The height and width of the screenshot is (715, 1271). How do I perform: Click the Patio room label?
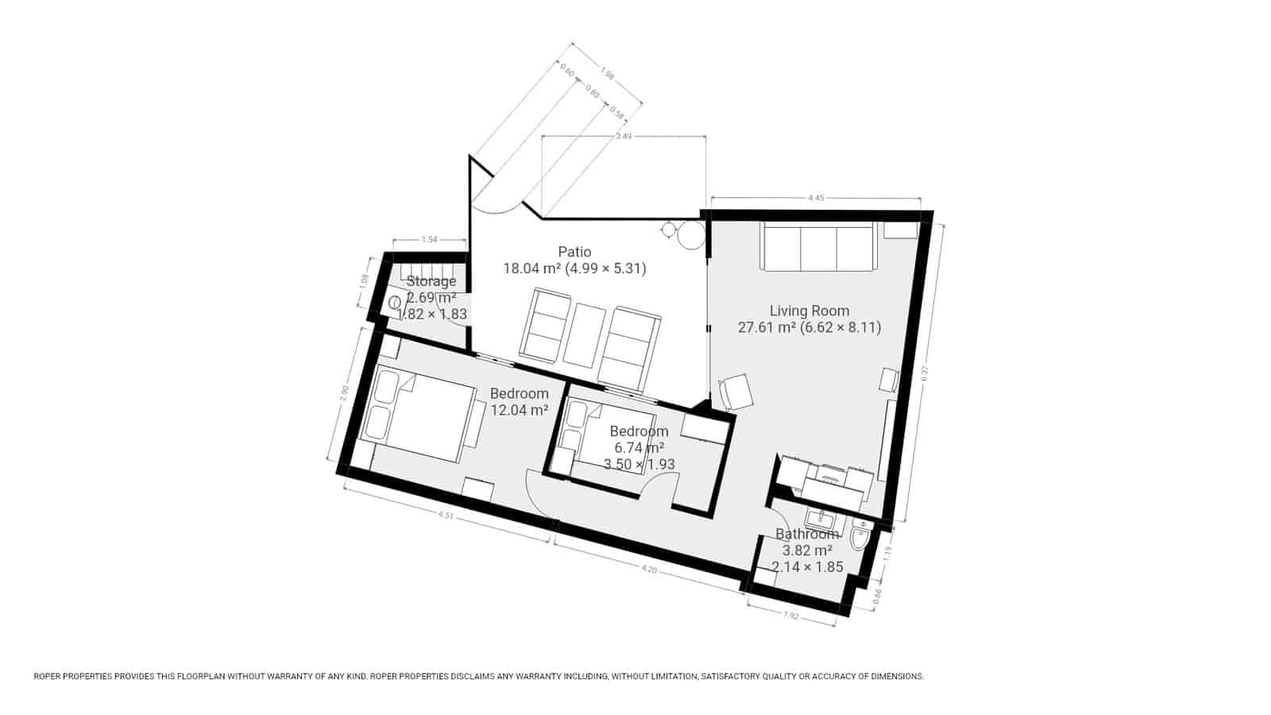pos(574,252)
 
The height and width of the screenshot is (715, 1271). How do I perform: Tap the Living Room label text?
pos(809,311)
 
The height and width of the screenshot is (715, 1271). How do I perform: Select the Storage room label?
pos(431,280)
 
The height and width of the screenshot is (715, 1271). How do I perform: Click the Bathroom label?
pos(807,534)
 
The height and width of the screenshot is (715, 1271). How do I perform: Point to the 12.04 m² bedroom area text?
pos(520,411)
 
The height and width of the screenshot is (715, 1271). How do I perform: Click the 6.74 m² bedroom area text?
pos(639,448)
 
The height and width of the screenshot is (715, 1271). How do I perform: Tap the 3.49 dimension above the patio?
pos(624,137)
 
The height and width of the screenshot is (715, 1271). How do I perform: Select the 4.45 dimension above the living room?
pos(815,198)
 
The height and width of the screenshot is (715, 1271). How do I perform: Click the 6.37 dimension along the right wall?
pos(925,374)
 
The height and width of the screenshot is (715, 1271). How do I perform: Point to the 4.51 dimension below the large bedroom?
pos(446,515)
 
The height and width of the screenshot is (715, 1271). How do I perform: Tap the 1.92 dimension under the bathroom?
pos(791,616)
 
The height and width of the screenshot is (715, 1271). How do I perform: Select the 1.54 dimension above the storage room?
pos(429,239)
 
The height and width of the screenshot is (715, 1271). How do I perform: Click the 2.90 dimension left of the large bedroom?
pos(344,395)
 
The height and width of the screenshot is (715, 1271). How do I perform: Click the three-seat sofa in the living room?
pos(818,247)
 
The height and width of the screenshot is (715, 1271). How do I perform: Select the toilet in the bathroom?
pos(859,539)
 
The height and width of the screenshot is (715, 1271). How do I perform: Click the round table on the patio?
pos(690,235)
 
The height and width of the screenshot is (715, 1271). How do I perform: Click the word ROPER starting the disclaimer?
pos(48,677)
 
